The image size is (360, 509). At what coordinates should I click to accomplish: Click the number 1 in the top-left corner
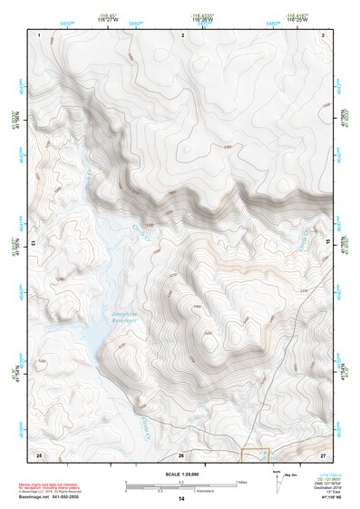pos(41,34)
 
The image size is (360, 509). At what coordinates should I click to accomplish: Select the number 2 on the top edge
pos(183,34)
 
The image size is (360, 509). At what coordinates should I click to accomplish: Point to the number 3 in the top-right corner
pos(324,34)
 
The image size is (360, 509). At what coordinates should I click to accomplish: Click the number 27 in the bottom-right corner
pos(323,453)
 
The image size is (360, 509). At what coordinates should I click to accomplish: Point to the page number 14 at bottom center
pos(181,499)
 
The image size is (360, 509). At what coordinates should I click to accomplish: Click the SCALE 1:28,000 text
pos(179,472)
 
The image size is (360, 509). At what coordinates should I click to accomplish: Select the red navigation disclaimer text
pos(54,485)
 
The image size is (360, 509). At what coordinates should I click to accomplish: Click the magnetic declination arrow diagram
pos(276,481)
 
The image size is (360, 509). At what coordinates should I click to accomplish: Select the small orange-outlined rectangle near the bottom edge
pos(255,453)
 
